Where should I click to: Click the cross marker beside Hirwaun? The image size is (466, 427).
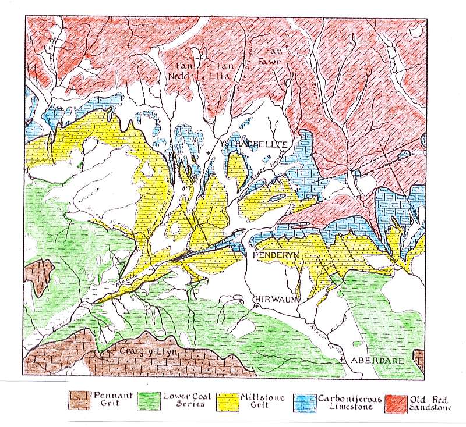[256, 305]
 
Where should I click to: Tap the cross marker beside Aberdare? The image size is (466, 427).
[342, 361]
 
